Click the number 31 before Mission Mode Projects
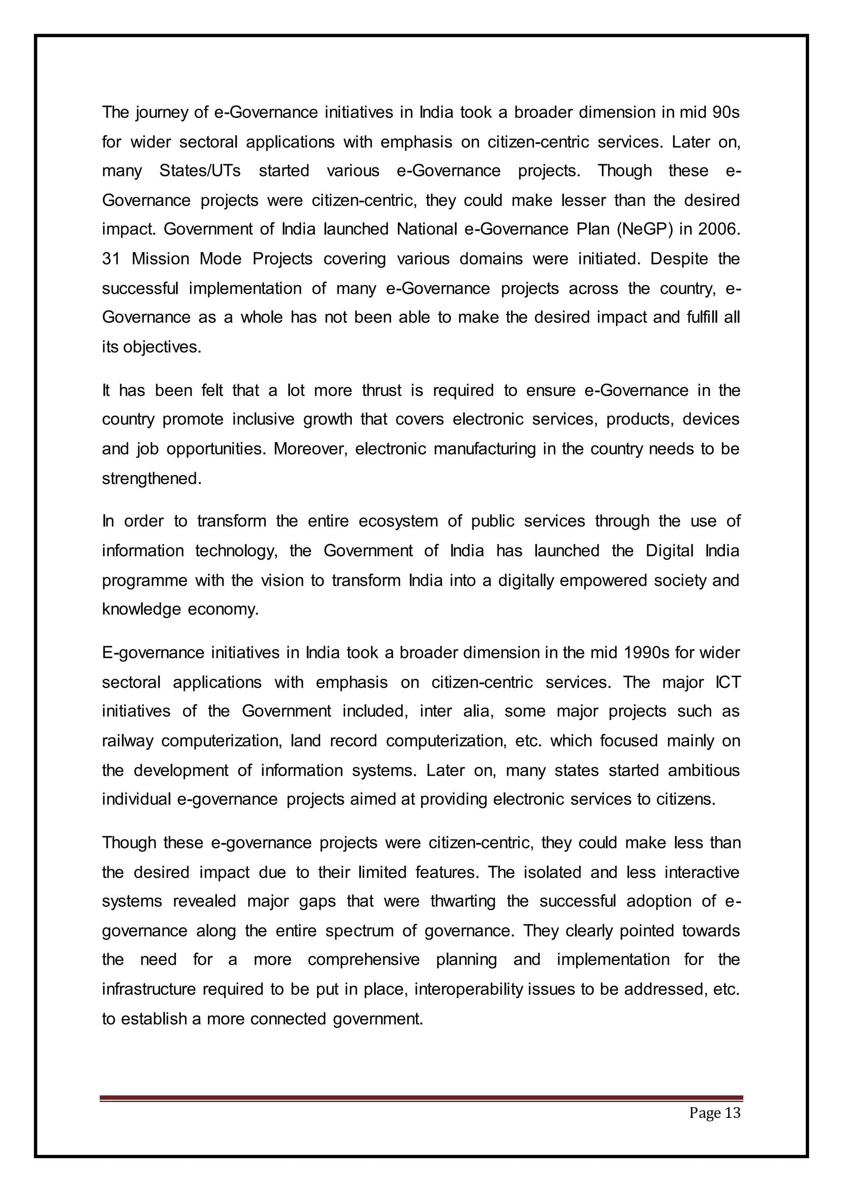[x=111, y=259]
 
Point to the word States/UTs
[x=200, y=171]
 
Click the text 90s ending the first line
[x=726, y=112]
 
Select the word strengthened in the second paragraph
[x=150, y=478]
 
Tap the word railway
[x=127, y=741]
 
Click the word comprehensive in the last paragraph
[x=363, y=959]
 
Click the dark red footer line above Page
[x=421, y=1098]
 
